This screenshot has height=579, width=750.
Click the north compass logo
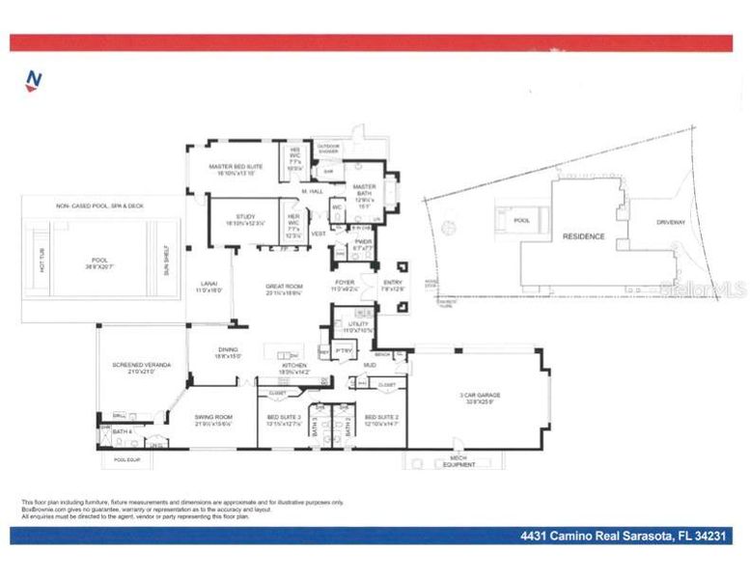[34, 80]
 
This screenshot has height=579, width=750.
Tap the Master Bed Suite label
[236, 166]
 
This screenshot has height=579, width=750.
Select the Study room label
[236, 220]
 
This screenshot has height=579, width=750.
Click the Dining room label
[228, 352]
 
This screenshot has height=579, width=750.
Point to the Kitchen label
[293, 367]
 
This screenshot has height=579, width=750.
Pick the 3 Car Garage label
[479, 396]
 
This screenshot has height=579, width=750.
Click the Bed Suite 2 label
[382, 418]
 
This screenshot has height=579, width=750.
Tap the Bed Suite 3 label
[285, 418]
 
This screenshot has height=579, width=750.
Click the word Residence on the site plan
[584, 236]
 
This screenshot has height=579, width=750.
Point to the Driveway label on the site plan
[671, 223]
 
